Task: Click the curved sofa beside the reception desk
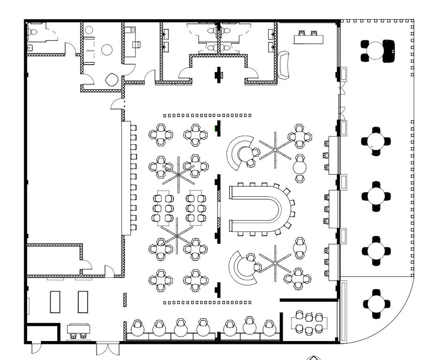pos(285,65)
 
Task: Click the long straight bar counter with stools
pos(126,178)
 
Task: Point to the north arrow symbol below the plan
pos(315,357)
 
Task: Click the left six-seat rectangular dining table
pos(163,207)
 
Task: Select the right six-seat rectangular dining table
pos(196,207)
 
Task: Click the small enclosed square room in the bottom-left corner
pos(42,334)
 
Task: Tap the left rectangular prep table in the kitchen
pos(55,301)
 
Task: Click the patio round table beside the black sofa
pos(374,50)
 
